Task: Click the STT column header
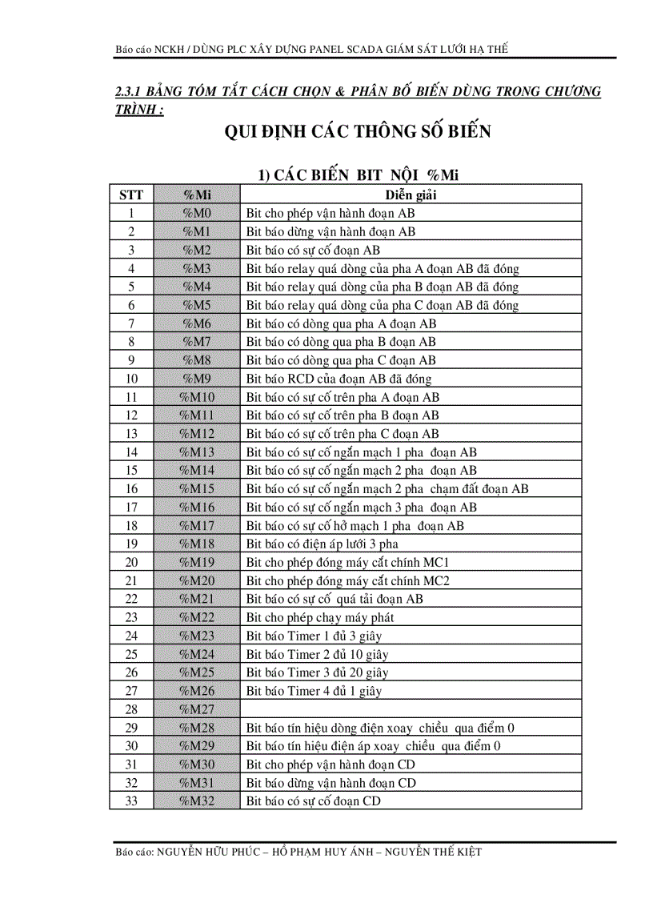[131, 195]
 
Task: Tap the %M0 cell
[196, 214]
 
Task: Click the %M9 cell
[196, 379]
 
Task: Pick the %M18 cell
[196, 544]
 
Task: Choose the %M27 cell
[196, 709]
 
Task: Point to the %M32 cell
[196, 801]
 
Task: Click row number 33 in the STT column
[131, 801]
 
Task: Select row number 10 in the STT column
[131, 379]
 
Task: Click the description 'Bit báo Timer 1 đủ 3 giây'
[314, 636]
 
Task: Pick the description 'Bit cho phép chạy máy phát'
[320, 617]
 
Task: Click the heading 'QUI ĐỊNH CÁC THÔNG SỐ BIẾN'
[358, 132]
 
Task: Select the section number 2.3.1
[130, 92]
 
